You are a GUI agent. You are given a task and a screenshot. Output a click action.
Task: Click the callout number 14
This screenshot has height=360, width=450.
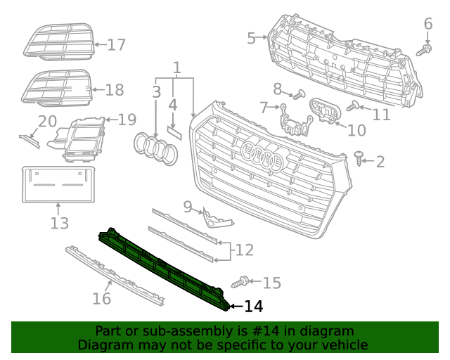point(253,307)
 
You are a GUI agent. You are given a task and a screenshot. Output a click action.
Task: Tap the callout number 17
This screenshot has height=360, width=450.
point(116,45)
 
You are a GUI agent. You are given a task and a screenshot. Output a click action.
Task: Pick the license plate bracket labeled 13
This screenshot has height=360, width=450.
point(58,185)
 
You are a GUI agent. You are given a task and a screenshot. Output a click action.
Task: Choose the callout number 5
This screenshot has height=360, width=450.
point(251,38)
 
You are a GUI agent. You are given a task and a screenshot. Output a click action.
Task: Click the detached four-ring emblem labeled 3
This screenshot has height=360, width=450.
point(156,149)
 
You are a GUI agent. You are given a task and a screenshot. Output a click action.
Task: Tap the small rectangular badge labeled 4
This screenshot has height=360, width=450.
point(173,131)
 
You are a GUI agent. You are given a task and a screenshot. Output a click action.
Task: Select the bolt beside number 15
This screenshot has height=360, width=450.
point(241,283)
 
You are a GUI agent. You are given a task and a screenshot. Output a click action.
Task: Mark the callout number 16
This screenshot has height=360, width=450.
point(102,299)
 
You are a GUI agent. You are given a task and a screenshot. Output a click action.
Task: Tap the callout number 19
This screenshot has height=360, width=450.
point(127,120)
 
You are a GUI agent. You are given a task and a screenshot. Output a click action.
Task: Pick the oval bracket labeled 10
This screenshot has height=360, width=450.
point(325,110)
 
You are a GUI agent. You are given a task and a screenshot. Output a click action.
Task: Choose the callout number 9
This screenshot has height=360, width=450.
point(188,207)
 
